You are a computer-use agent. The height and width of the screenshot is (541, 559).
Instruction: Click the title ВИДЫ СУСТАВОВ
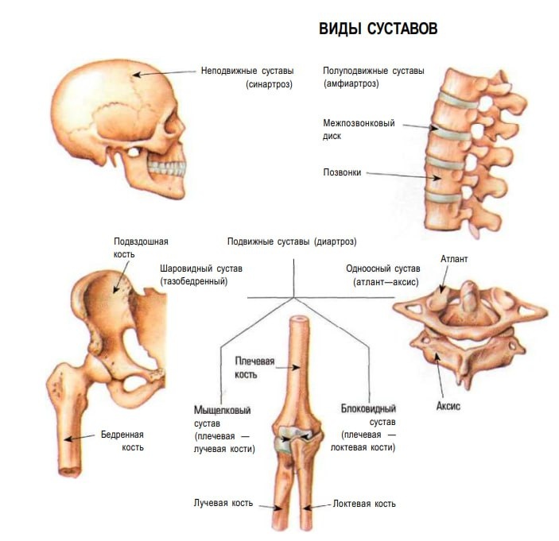(378, 29)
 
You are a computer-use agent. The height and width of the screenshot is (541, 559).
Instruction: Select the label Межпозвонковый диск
(358, 129)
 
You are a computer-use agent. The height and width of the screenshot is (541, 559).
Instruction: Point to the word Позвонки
(342, 172)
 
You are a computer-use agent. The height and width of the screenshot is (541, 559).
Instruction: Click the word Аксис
(448, 405)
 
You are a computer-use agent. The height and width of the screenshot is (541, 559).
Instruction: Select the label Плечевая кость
(254, 366)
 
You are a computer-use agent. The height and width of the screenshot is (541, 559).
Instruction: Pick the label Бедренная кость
(122, 440)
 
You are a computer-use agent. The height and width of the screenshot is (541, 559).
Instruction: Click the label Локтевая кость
(364, 504)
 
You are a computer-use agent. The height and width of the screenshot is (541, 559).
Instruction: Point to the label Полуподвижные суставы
(374, 71)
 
